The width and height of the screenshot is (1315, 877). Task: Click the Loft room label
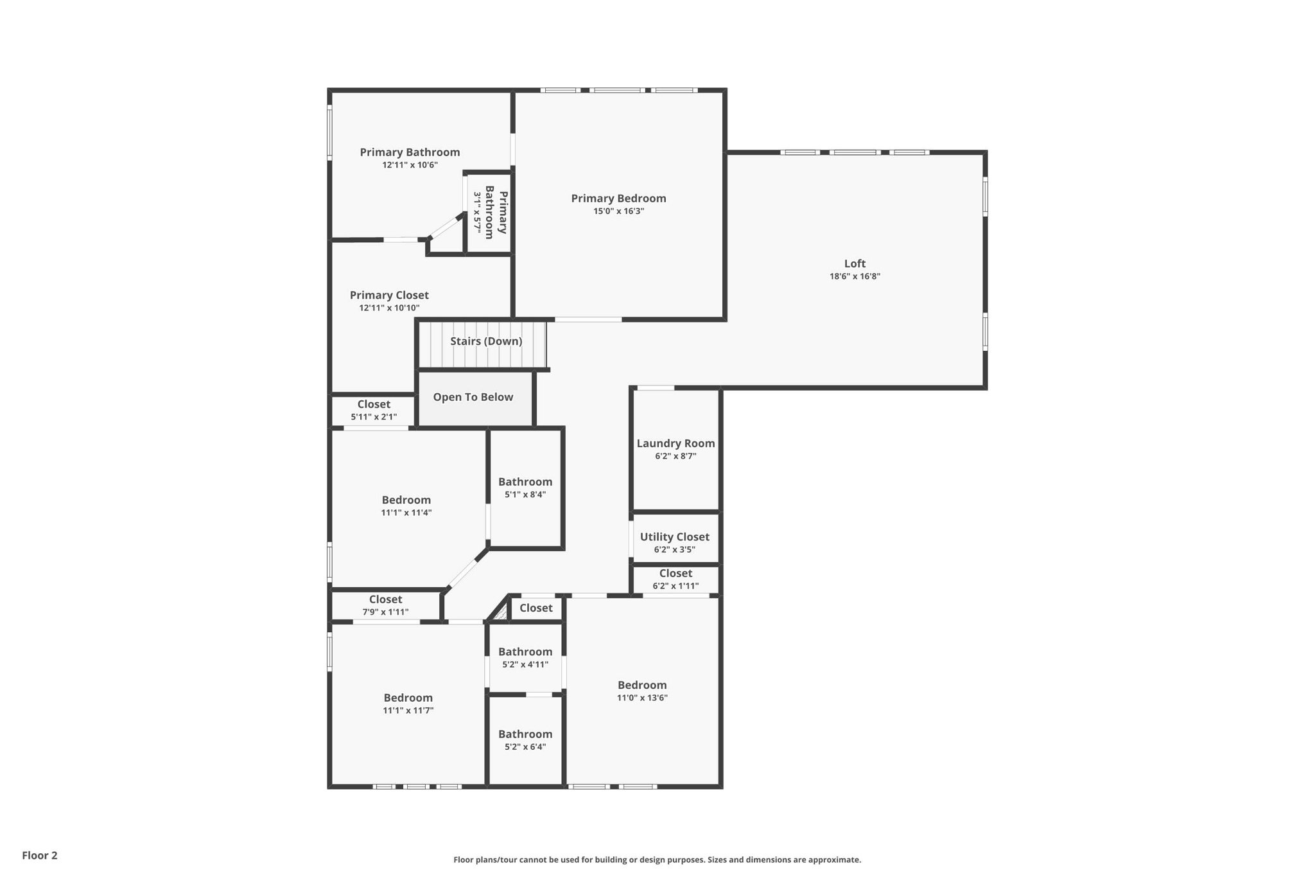pyautogui.click(x=855, y=263)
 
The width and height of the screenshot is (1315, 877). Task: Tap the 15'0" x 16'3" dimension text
pyautogui.click(x=618, y=211)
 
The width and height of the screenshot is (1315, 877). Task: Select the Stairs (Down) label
pyautogui.click(x=486, y=341)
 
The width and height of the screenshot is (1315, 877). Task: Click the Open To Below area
pyautogui.click(x=473, y=397)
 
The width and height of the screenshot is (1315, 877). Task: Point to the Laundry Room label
pyautogui.click(x=675, y=443)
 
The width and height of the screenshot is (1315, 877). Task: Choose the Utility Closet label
pyautogui.click(x=674, y=536)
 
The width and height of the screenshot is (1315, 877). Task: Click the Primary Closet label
pyautogui.click(x=389, y=295)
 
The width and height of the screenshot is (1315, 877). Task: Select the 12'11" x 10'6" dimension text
pyautogui.click(x=410, y=165)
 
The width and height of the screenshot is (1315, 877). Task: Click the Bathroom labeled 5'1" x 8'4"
pyautogui.click(x=525, y=482)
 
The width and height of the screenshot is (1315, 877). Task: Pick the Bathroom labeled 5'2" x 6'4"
pyautogui.click(x=525, y=734)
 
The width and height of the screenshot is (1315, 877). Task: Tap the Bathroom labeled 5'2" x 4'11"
pyautogui.click(x=525, y=651)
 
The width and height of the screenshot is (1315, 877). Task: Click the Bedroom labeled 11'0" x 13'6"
pyautogui.click(x=642, y=685)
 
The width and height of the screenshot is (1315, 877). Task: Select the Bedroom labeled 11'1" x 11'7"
pyautogui.click(x=408, y=698)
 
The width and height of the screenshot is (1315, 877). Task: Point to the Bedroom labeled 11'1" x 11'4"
pyautogui.click(x=406, y=500)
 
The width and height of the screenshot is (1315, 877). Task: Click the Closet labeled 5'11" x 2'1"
pyautogui.click(x=374, y=404)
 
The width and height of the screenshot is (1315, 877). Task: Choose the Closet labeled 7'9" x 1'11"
pyautogui.click(x=385, y=599)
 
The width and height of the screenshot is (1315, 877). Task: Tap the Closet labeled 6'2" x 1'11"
pyautogui.click(x=675, y=573)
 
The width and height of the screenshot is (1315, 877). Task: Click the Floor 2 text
pyautogui.click(x=40, y=855)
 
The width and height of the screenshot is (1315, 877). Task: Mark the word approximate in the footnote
pyautogui.click(x=833, y=860)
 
